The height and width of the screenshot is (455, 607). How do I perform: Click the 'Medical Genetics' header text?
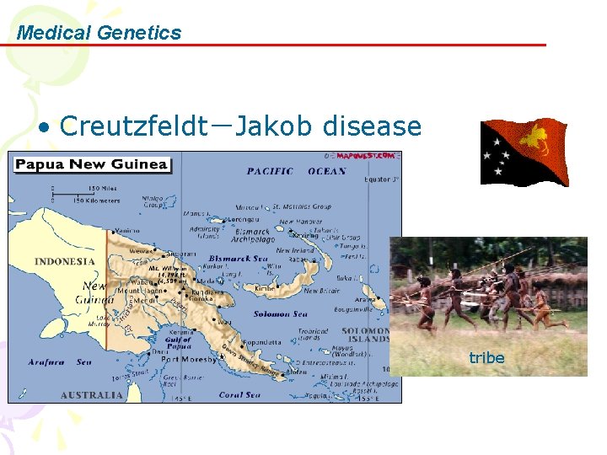coord(99,33)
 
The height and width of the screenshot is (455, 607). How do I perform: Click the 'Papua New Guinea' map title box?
coord(92,164)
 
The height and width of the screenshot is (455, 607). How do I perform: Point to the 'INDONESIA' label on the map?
coord(65,261)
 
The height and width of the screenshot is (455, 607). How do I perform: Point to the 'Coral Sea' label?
coord(242,394)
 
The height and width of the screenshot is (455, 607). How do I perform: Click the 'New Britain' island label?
coord(321,291)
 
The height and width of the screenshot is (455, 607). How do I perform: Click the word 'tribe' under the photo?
coord(486,357)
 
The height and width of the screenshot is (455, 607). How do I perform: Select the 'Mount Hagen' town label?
coord(139,289)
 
